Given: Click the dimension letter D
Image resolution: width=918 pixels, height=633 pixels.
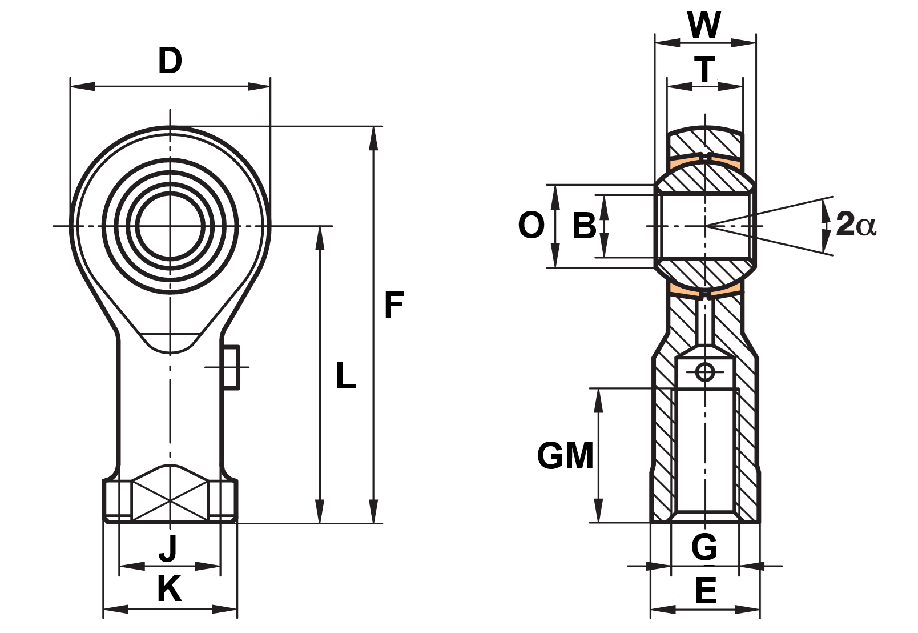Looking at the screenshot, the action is pos(170,61).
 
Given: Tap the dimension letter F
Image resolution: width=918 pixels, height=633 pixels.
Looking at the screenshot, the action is pos(394,305).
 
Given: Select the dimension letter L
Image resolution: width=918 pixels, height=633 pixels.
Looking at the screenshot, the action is pos(345,376).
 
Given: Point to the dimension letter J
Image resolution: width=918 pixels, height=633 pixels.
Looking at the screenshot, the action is pos(168,548).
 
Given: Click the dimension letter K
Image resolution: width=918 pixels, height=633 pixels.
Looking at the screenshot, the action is pos(170,588).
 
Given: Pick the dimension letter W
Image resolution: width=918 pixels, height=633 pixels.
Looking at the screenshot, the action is pos(704,25).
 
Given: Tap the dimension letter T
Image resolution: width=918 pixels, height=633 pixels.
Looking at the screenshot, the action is pos(705,69).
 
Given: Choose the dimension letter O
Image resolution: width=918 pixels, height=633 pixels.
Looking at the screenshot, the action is pos(531,225).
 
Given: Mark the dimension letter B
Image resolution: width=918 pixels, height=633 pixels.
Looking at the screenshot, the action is pos(585,225).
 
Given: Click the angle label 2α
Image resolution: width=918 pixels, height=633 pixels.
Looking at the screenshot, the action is pos(856,225).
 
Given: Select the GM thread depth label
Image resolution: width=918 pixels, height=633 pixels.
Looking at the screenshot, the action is pos(565,456).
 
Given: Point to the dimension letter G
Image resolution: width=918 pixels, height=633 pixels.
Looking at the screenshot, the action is pos(704,547).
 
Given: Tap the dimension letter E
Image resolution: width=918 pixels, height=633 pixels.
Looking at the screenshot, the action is pos(706,590).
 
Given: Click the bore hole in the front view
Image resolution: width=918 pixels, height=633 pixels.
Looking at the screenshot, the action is pos(170,226).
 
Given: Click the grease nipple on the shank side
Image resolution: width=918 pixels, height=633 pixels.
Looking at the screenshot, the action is pos(231,367).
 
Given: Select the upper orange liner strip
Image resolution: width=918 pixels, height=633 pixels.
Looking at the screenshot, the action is pos(705,164).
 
